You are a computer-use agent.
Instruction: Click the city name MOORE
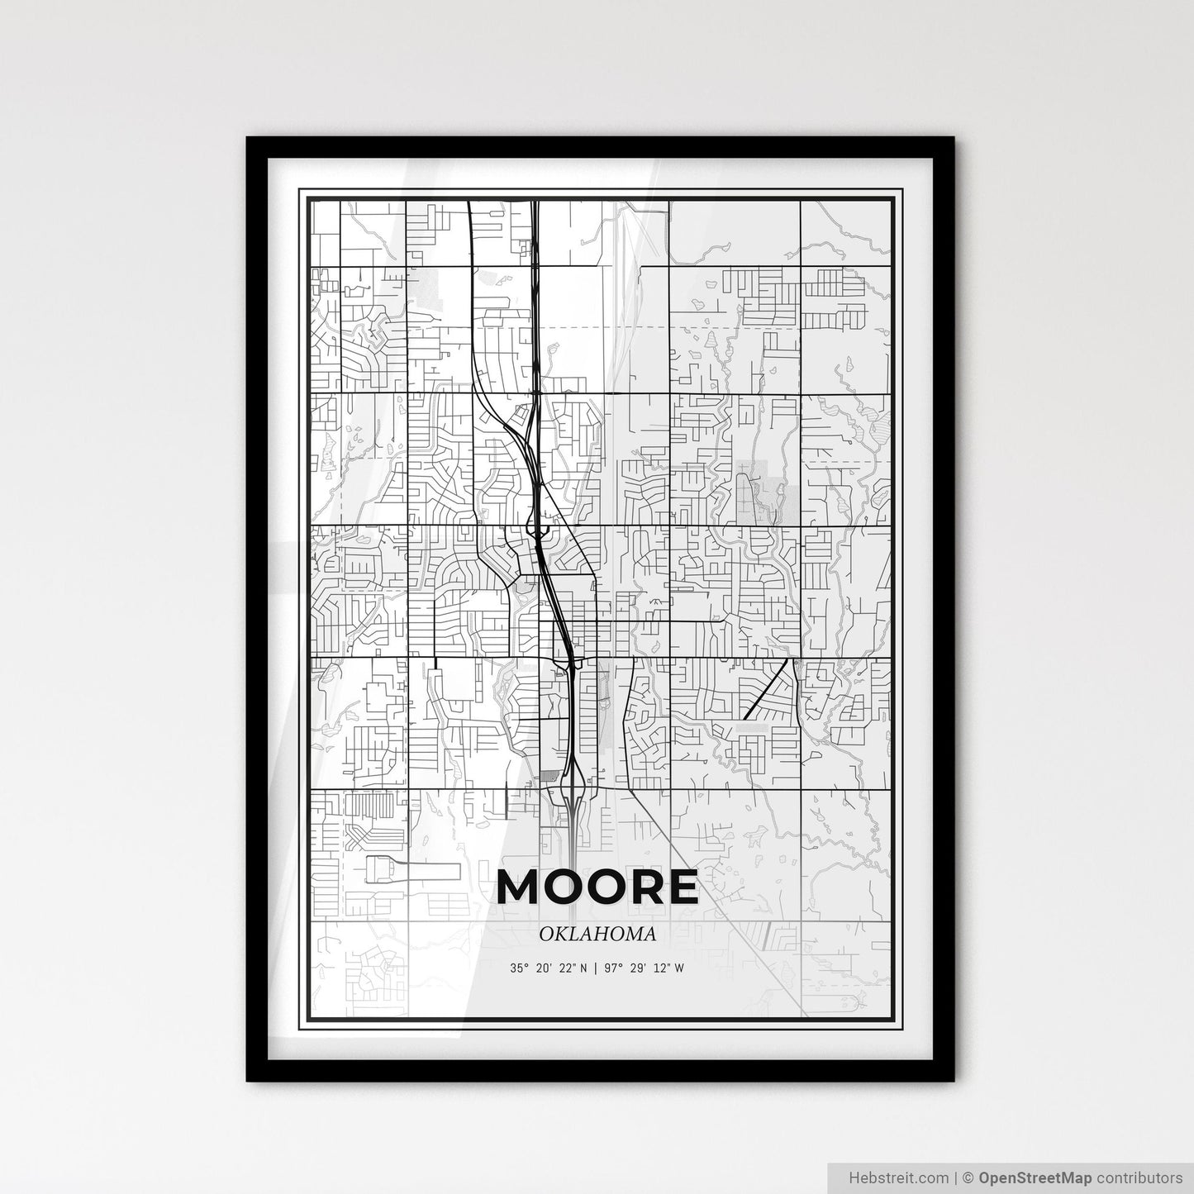(597, 887)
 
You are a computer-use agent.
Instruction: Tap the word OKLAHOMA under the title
(597, 935)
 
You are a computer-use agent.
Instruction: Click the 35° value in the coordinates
(518, 968)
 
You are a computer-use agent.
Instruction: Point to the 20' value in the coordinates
(545, 968)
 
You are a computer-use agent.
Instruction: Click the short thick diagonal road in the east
(765, 690)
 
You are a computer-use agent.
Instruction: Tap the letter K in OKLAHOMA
(560, 935)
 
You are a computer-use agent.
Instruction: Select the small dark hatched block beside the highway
(549, 776)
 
